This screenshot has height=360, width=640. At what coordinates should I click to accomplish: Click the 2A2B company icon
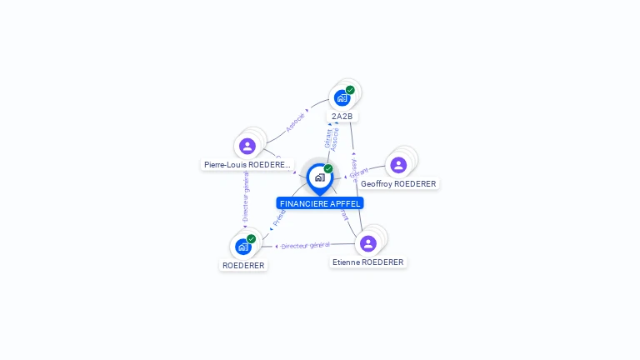342,97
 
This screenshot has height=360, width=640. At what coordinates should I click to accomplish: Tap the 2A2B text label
342,116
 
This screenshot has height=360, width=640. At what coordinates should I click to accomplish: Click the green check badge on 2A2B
350,90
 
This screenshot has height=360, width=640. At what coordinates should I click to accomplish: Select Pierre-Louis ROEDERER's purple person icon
247,147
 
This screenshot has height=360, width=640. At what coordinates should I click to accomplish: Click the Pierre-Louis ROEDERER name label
247,165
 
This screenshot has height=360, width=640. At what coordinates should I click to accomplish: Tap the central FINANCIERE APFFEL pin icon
319,177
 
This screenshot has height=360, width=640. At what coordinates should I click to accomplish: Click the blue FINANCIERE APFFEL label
320,203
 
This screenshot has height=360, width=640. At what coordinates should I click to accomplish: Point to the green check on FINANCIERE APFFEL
328,169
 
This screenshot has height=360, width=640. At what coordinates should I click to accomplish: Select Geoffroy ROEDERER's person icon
398,165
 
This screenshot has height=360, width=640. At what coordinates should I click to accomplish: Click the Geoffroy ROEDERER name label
398,183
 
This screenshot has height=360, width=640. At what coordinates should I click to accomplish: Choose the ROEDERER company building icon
242,247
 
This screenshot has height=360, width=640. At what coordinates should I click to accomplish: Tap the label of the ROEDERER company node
243,265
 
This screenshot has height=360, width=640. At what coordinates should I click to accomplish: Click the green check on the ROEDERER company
251,239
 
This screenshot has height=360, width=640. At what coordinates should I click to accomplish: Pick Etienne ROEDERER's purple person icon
367,243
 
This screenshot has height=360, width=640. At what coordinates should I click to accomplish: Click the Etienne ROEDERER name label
367,262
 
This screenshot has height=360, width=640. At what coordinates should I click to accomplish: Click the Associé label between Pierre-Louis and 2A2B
295,122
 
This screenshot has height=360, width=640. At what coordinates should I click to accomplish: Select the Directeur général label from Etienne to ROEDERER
306,246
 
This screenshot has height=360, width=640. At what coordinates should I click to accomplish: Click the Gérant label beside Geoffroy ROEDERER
359,172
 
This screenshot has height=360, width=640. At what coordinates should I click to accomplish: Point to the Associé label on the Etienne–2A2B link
353,168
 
